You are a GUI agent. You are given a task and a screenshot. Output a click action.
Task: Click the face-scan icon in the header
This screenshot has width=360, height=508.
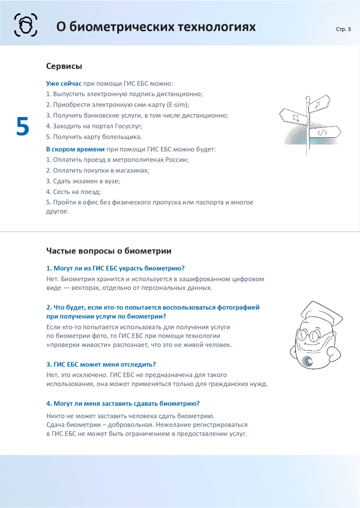25,24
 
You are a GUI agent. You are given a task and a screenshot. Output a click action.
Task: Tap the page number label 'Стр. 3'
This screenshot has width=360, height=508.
343,29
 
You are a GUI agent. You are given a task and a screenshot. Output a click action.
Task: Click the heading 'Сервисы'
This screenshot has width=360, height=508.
64,66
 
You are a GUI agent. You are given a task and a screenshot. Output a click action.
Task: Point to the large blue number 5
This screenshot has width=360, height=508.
23,127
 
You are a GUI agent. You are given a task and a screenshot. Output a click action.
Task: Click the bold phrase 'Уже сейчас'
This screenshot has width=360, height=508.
64,83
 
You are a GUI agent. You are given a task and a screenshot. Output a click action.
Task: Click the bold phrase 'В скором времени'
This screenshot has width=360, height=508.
75,149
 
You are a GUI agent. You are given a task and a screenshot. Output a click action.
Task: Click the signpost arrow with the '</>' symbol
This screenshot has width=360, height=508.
324,132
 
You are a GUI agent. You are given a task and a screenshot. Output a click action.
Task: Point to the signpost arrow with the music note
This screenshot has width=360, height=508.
318,104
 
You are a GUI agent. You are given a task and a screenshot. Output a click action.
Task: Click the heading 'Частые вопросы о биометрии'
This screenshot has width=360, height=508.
109,251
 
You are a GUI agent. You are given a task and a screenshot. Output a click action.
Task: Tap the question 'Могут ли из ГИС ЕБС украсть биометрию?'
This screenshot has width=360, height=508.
115,268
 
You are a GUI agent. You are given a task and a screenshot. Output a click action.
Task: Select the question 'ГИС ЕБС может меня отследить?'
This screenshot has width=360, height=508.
101,364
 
